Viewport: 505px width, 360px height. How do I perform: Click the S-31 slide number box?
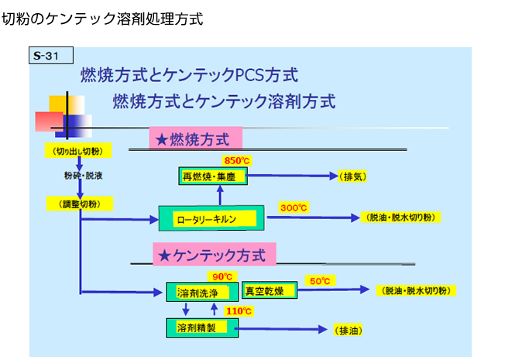point(51,56)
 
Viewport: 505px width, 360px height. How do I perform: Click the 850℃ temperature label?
point(237,160)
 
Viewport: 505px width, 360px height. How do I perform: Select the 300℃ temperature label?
point(294,207)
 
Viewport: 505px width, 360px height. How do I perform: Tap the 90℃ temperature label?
point(222,276)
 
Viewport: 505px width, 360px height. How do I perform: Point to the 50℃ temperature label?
point(320,281)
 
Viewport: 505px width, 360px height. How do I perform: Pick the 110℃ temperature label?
point(239,311)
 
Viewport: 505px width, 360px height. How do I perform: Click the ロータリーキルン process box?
point(211,218)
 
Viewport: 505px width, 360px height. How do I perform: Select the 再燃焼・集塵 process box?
point(213,176)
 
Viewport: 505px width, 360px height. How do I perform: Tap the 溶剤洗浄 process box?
point(202,292)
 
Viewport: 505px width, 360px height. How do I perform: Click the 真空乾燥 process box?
point(270,290)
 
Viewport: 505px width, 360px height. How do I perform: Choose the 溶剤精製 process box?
point(202,327)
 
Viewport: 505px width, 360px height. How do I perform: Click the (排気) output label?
point(352,177)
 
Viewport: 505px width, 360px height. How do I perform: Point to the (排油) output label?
point(348,330)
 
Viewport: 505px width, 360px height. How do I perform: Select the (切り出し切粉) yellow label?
point(78,150)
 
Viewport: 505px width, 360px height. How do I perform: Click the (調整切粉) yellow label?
point(80,204)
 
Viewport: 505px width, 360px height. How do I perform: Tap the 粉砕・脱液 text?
point(83,175)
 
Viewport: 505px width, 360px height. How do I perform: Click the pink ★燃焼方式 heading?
point(196,139)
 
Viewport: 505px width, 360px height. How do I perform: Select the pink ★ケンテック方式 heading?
point(215,255)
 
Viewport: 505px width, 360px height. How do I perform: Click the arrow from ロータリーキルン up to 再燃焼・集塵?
point(220,195)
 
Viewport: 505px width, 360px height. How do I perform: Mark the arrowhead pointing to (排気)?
point(334,176)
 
